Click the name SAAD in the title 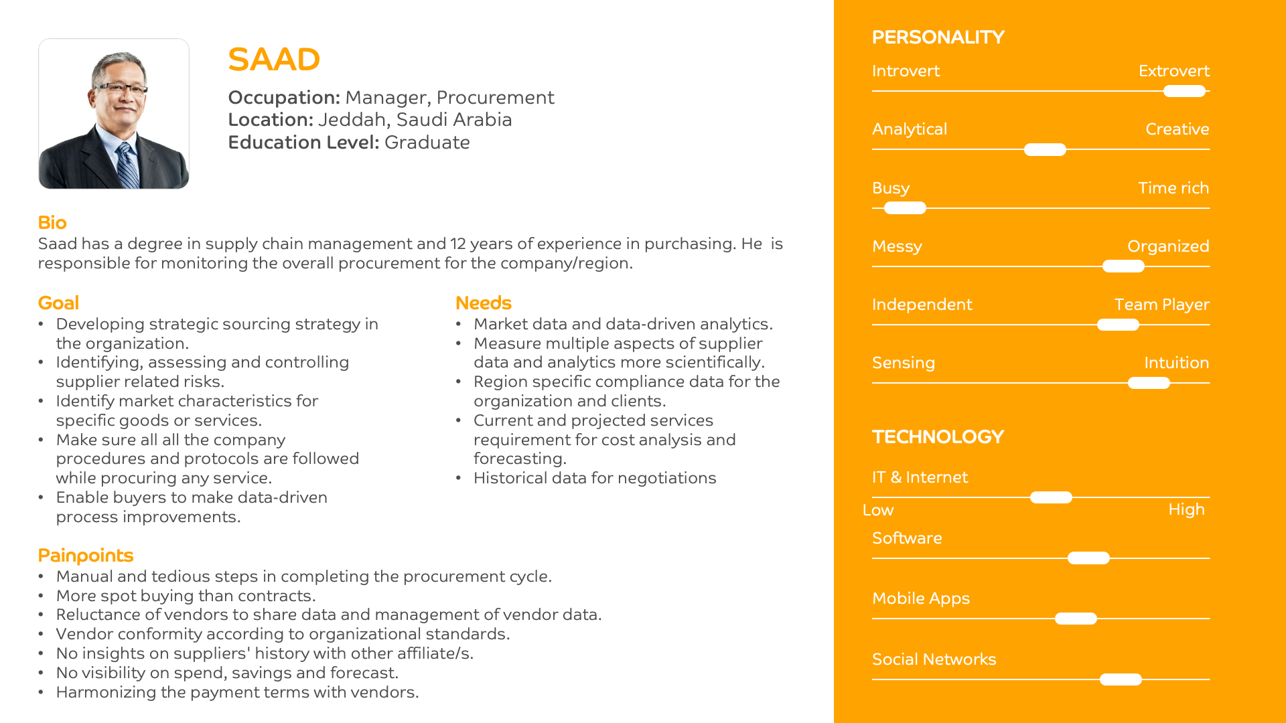coord(274,60)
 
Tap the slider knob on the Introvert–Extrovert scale coord(1184,91)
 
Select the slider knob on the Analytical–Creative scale coord(1045,149)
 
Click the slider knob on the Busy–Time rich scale coord(905,208)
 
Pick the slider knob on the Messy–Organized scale coord(1123,266)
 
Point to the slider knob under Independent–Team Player coord(1118,325)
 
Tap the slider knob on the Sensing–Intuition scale coord(1149,383)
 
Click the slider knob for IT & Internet coord(1051,497)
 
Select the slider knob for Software coord(1088,558)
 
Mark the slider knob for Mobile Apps coord(1076,619)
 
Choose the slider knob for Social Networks coord(1121,679)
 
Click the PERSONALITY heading coord(938,37)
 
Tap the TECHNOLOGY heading coord(938,437)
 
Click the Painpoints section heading coord(86,556)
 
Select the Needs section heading coord(483,303)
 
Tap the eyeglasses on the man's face coord(121,88)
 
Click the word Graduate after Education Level coord(427,143)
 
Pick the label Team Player coord(1161,305)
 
